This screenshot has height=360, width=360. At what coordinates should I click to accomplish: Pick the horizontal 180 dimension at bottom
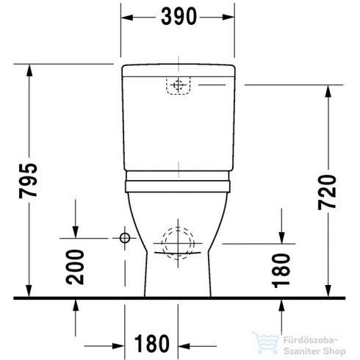click(x=152, y=343)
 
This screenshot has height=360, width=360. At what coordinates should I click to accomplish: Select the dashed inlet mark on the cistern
click(x=176, y=87)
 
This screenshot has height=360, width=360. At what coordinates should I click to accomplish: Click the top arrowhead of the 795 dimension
click(x=29, y=68)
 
